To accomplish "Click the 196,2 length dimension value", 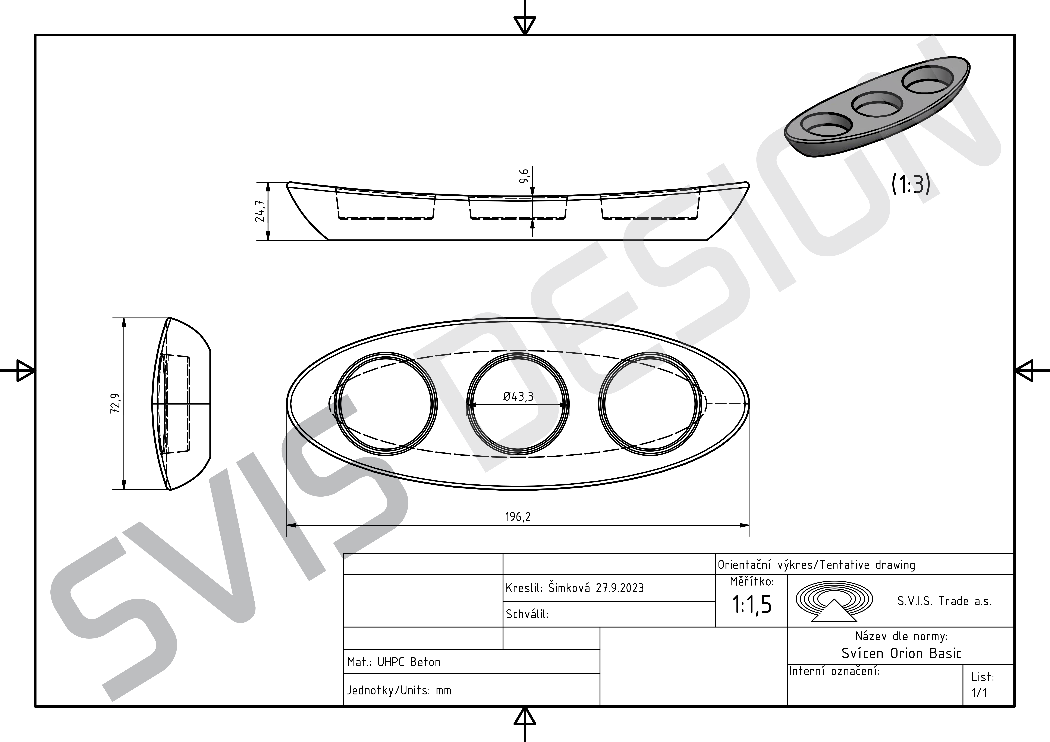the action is [x=518, y=517].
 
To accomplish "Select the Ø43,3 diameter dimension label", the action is [x=518, y=396].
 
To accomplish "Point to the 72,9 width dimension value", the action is [x=116, y=403].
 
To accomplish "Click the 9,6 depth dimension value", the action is [x=524, y=176].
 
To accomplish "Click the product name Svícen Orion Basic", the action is [x=901, y=653].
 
